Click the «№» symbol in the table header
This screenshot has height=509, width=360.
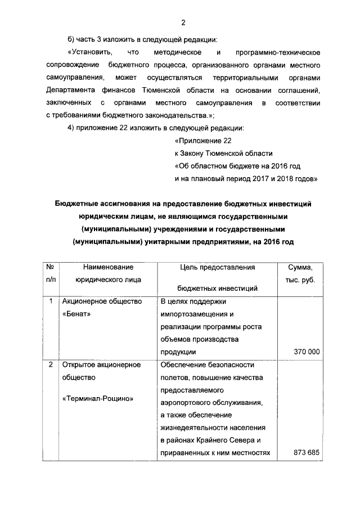(51, 267)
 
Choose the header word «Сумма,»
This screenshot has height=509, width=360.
(300, 267)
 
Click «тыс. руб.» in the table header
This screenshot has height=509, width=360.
(300, 280)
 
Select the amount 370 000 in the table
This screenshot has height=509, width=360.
(307, 352)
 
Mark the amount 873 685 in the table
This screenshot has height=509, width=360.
(307, 452)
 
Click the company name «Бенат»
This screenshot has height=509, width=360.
(78, 313)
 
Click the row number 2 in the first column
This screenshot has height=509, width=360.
(51, 364)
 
